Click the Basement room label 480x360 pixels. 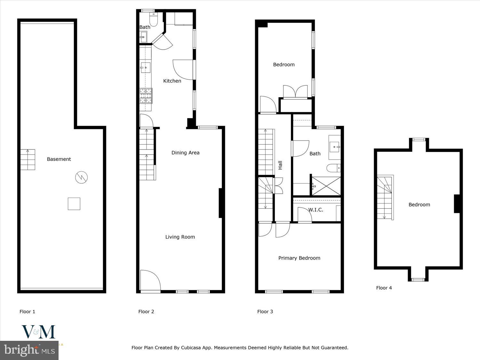59,159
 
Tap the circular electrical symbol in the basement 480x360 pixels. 81,177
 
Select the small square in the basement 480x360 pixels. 74,204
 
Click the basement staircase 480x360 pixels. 28,160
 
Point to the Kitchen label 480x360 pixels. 172,81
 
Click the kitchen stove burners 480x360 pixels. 146,96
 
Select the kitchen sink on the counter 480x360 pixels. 145,68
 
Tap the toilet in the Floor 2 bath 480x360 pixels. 154,20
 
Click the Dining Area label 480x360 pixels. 185,153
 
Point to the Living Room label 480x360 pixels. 180,237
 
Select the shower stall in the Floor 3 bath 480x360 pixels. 326,186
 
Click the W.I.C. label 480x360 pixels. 316,210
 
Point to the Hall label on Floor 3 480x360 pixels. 280,165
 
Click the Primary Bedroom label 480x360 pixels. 299,258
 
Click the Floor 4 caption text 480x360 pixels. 384,288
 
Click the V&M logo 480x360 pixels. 38,332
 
